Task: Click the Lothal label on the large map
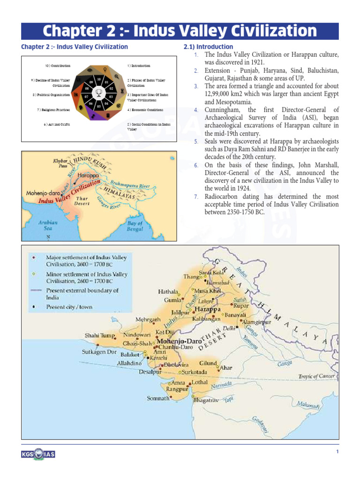click(x=199, y=382)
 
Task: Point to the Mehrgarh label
click(x=148, y=320)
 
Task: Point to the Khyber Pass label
click(x=63, y=163)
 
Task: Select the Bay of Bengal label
click(x=135, y=226)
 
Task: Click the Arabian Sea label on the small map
click(x=48, y=225)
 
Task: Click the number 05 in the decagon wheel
click(x=99, y=106)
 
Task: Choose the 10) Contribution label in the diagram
click(x=57, y=66)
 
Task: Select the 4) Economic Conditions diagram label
click(x=145, y=110)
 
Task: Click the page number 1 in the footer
click(x=337, y=451)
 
